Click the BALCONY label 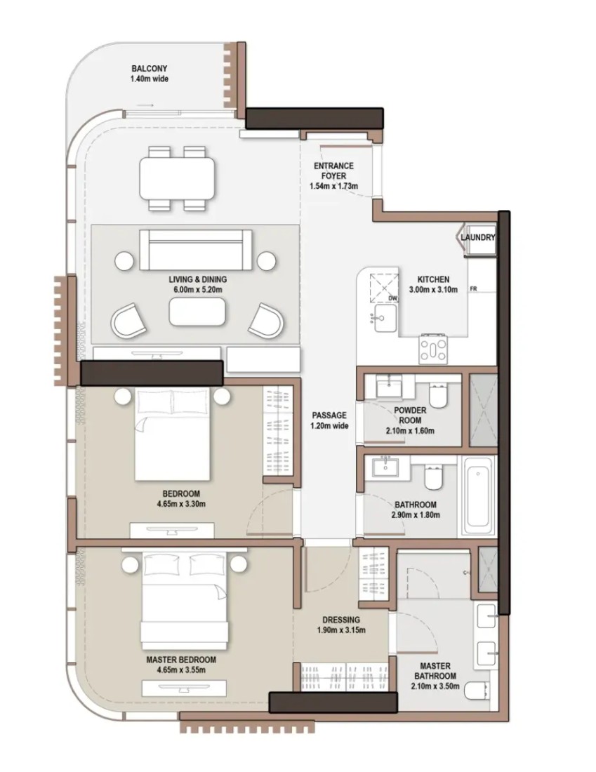[x=150, y=69]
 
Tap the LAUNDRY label [x=478, y=237]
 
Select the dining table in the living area [x=178, y=178]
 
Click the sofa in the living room [x=196, y=250]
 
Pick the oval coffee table [x=197, y=312]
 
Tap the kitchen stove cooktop [x=433, y=348]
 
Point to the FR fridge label [x=473, y=288]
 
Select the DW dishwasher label [x=392, y=298]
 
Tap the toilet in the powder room [x=437, y=394]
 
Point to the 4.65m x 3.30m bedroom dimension [x=181, y=504]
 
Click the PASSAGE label [x=329, y=415]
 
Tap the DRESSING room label [x=341, y=620]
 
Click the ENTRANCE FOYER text [x=333, y=171]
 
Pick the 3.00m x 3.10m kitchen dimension [x=433, y=289]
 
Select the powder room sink [x=389, y=385]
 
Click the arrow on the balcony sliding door [x=145, y=105]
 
